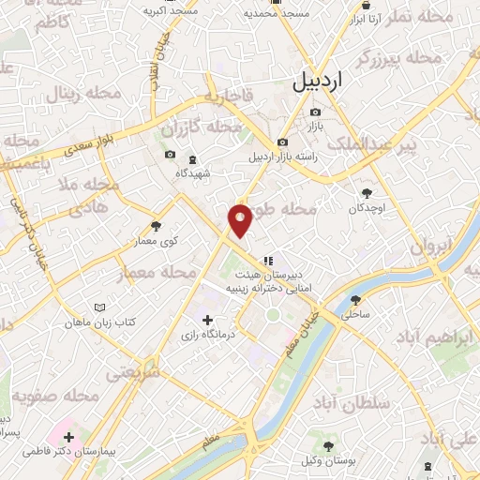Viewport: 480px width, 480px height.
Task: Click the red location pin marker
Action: pos(241,220)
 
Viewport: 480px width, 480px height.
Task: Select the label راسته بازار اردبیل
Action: pos(282,157)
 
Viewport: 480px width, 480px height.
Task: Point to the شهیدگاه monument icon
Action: pos(193,159)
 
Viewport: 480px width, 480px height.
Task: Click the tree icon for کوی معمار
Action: pos(156,226)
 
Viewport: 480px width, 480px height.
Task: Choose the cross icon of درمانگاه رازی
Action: pos(207,321)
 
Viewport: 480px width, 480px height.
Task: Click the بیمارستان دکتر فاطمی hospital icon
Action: pos(69,437)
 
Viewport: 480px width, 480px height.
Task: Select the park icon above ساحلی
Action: pos(355,301)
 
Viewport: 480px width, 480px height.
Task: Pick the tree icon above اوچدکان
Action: pos(367,191)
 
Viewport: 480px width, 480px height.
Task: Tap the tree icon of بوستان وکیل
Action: pos(327,446)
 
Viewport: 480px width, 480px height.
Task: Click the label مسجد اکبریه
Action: pos(171,11)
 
